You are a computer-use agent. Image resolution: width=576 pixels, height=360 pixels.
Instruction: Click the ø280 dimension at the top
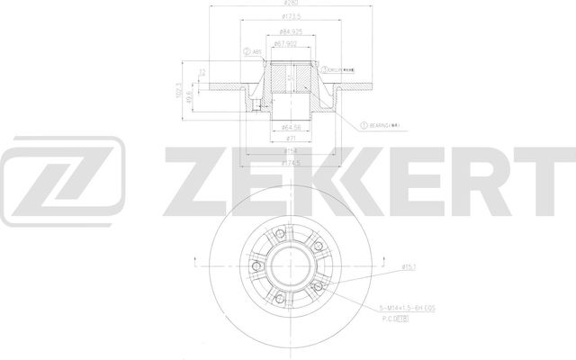coord(288,5)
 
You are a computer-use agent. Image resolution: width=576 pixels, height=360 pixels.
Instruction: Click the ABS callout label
coord(256,51)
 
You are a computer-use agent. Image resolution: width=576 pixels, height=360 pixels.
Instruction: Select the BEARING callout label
coord(382,125)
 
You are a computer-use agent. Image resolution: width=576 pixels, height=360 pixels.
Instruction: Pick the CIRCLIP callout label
coord(342,68)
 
